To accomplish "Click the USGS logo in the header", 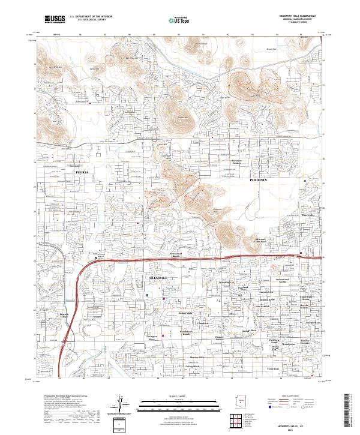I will coord(55,19).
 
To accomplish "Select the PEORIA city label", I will coord(82,172).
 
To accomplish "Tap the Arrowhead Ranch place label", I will coord(163,256).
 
